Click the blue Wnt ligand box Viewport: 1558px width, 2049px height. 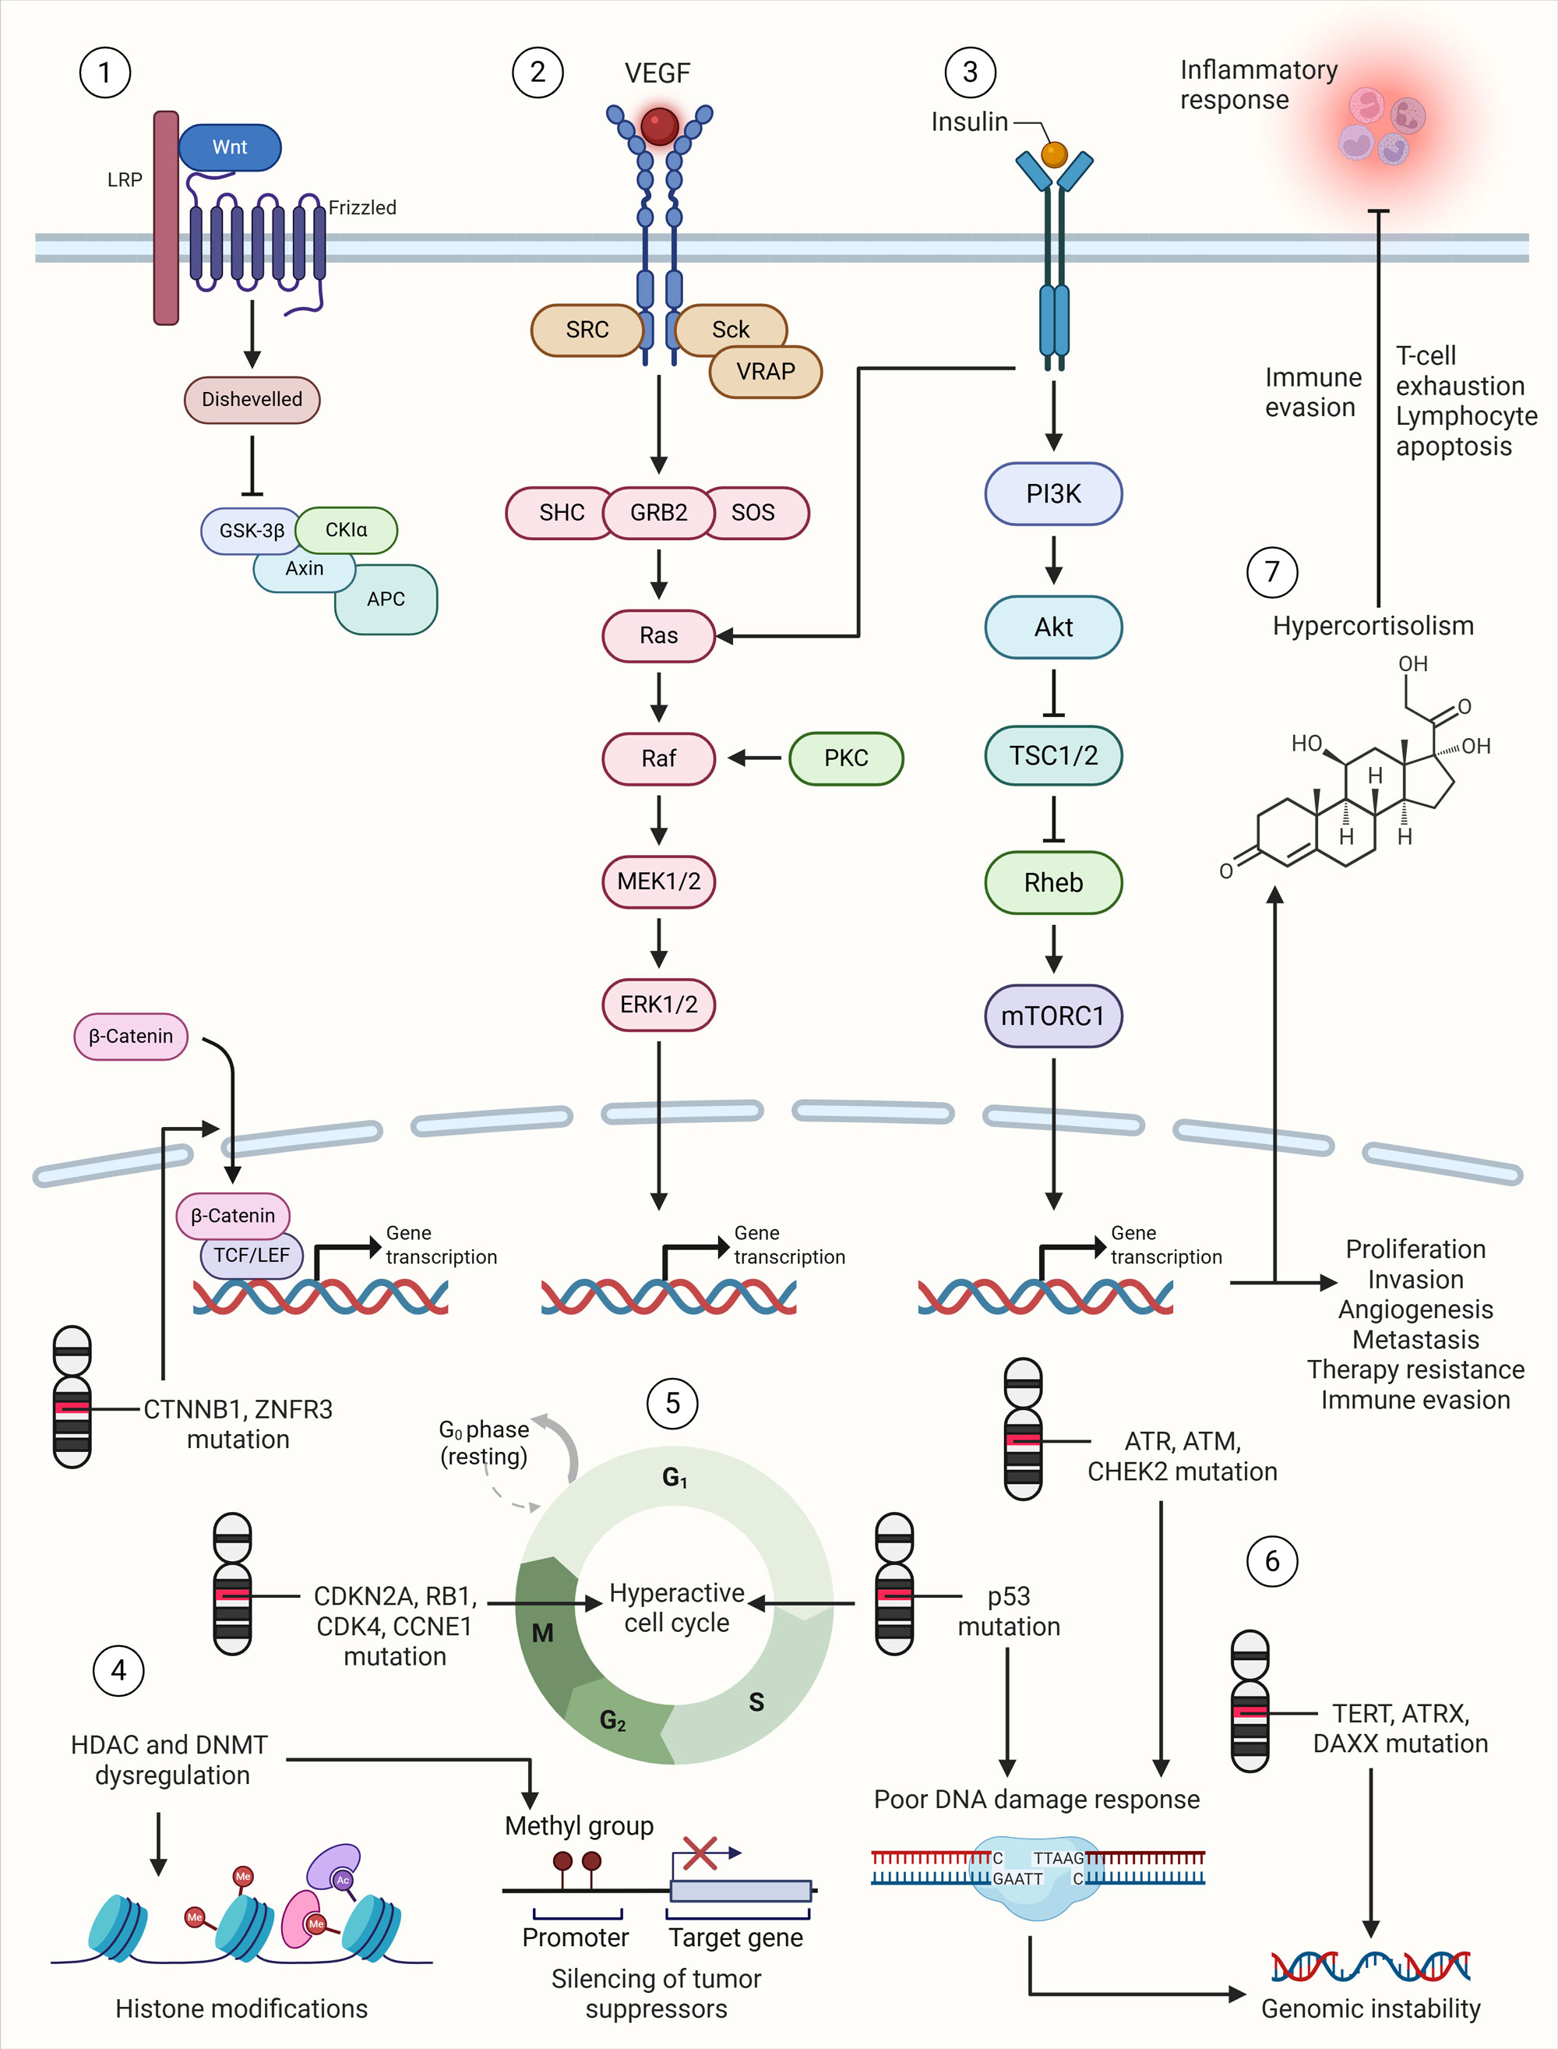[x=229, y=147]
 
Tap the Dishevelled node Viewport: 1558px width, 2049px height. [x=252, y=400]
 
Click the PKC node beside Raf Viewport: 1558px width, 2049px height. [x=846, y=758]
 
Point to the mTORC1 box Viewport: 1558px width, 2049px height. [x=1052, y=1016]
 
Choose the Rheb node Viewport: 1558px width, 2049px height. [x=1052, y=882]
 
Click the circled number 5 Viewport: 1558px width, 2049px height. [x=672, y=1404]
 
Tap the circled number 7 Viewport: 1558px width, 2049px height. [x=1271, y=571]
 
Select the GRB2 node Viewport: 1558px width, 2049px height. [x=658, y=513]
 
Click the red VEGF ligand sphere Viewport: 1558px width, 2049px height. [x=659, y=126]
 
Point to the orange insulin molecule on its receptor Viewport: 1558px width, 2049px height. [x=1055, y=154]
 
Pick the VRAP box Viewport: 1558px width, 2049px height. [x=765, y=372]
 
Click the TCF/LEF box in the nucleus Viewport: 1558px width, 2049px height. [x=252, y=1255]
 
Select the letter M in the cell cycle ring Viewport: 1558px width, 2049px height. [x=542, y=1634]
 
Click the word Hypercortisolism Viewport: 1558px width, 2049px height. [x=1373, y=626]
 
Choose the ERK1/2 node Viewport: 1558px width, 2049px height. [x=658, y=1005]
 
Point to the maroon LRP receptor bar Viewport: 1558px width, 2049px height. [x=166, y=218]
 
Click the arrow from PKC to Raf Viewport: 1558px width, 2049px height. [x=755, y=758]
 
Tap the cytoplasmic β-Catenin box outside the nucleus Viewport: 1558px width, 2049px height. [x=131, y=1036]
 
